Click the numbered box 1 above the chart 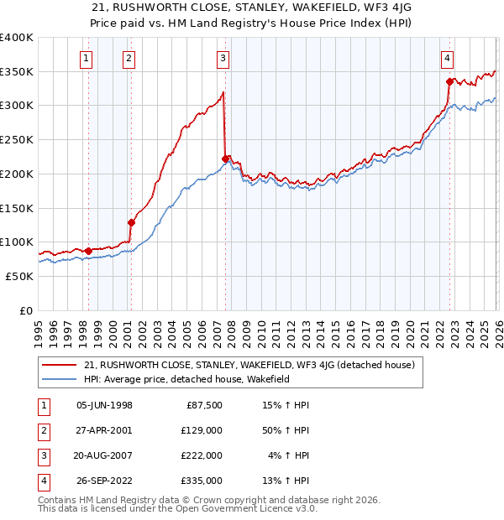pos(88,58)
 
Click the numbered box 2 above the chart pos(129,58)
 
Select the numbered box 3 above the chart pos(223,58)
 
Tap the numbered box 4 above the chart pos(447,58)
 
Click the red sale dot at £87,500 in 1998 pos(89,251)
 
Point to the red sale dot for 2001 pos(131,222)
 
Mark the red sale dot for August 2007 pos(225,159)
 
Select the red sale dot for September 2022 pos(449,81)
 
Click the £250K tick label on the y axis pos(16,140)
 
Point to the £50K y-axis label pos(19,276)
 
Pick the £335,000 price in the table pos(202,481)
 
